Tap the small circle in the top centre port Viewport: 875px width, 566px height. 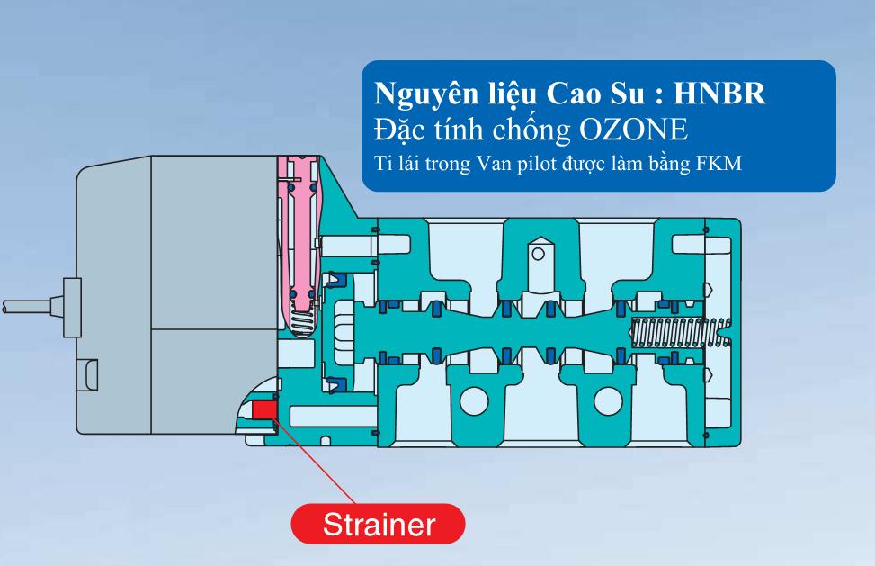coord(538,255)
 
